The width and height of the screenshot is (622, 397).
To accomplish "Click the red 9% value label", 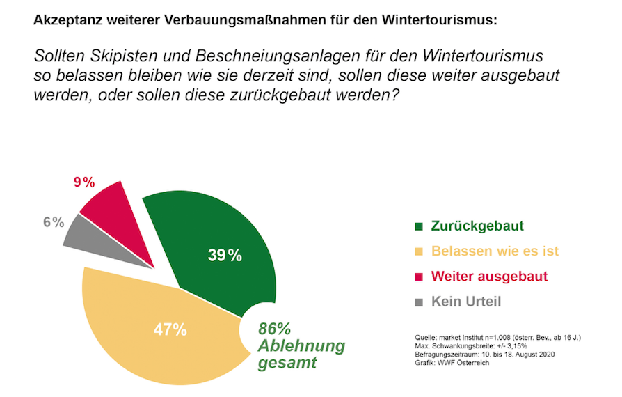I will coord(84,182).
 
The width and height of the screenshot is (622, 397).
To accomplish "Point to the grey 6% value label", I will coord(53,222).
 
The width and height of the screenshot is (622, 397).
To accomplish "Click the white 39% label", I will coord(225,256).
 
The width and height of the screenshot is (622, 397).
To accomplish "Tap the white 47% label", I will coord(169,329).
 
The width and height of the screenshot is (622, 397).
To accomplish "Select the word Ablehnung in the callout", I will coord(301,346).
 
